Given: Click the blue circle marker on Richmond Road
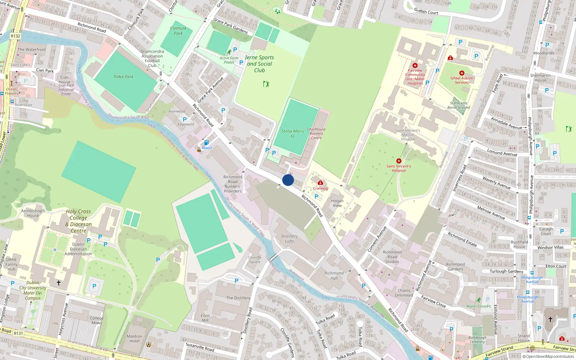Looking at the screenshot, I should tap(288, 180).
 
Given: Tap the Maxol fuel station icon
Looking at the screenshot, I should tap(207, 143).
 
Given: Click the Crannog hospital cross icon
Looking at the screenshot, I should tap(320, 183).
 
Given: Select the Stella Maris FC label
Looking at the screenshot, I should tap(292, 134).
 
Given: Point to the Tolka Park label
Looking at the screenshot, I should tap(123, 77).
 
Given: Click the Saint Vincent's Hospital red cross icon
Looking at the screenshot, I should tap(399, 161).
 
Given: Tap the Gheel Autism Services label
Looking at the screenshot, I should tap(462, 80).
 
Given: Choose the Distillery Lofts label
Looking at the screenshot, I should tap(289, 239).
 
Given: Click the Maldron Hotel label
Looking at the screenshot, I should tap(134, 338).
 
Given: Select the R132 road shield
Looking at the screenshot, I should tap(15, 36).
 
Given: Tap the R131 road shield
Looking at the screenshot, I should tap(18, 333).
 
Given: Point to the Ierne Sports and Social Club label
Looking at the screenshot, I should tap(259, 64).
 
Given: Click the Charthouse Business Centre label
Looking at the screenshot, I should tap(316, 133).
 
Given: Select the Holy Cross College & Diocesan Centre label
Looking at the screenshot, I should tap(78, 221).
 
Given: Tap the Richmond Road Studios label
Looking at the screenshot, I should tap(392, 257).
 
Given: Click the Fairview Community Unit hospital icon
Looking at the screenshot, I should tap(415, 66).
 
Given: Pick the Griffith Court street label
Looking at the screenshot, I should tap(426, 11).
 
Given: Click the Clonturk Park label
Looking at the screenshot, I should tap(178, 31).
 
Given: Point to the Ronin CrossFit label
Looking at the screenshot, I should tap(478, 306).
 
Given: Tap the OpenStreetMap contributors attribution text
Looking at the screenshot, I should tap(550, 356).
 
